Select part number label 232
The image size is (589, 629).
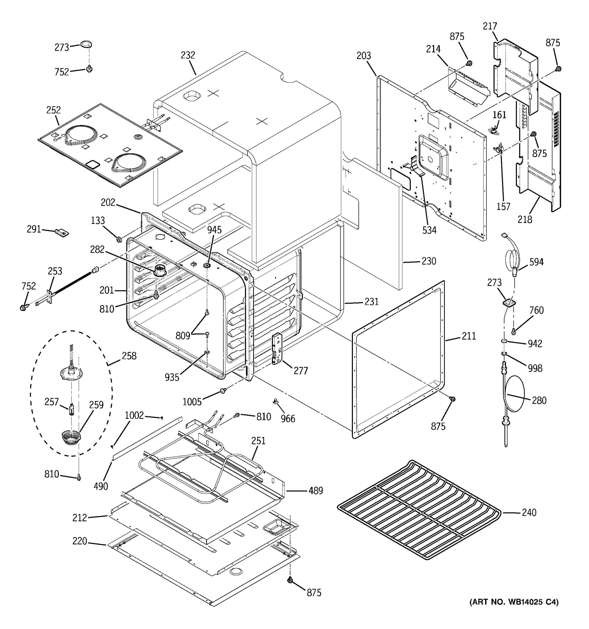pos(188,55)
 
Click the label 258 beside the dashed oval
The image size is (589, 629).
pos(129,356)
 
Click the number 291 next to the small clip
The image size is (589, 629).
pos(34,229)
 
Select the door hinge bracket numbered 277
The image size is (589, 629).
pos(277,348)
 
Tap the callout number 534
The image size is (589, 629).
pos(429,230)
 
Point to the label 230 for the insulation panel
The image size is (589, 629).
pos(429,261)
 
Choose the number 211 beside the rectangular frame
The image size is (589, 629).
pos(469,336)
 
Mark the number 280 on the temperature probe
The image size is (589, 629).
pos(539,400)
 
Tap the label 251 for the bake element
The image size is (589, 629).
pos(258,441)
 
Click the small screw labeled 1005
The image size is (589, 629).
pos(223,391)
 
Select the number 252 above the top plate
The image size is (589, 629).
pos(53,110)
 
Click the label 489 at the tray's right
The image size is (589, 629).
pos(316,491)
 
